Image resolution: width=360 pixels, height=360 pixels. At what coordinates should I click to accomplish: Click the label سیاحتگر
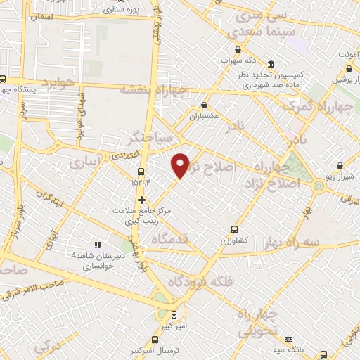[x=147, y=135]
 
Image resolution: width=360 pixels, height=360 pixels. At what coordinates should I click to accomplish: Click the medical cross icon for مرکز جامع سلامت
[x=142, y=199]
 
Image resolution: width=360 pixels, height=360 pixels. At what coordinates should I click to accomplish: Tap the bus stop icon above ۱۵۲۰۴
[x=141, y=171]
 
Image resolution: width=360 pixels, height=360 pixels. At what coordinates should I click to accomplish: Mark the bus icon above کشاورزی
[x=235, y=229]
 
